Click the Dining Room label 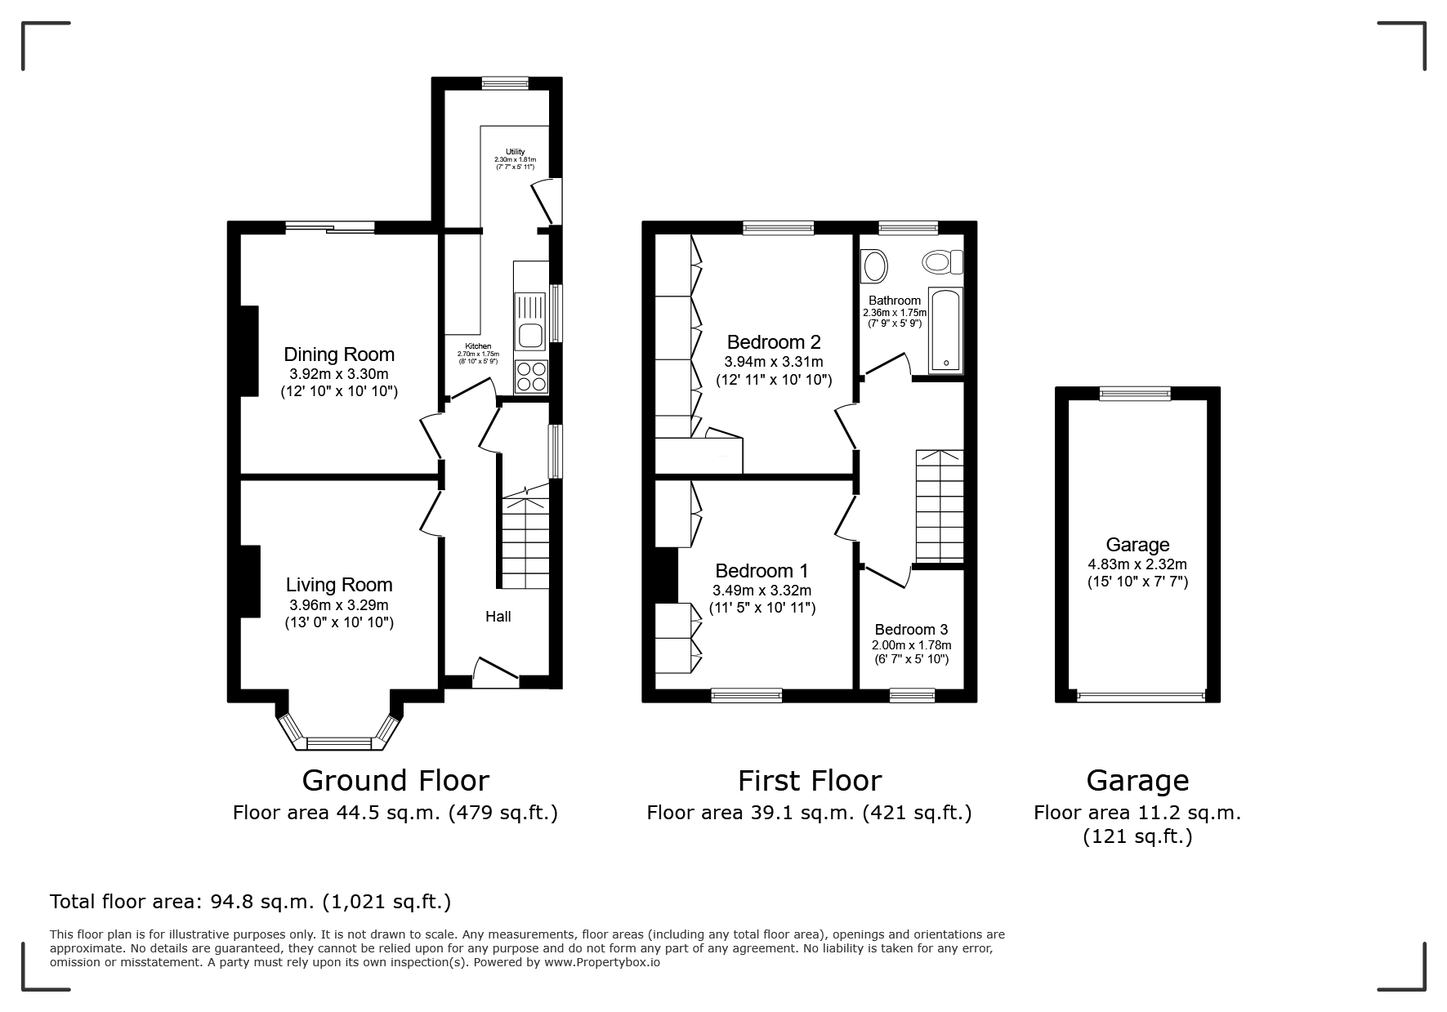click(x=339, y=354)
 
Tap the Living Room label click(x=339, y=585)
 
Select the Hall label click(x=498, y=617)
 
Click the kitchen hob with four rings click(x=532, y=377)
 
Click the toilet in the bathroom click(x=943, y=262)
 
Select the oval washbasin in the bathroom click(x=875, y=266)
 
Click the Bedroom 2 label click(x=774, y=342)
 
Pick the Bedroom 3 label click(x=911, y=630)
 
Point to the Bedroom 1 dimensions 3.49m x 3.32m click(x=762, y=591)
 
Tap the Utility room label click(x=515, y=152)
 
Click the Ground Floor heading click(x=395, y=781)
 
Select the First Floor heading click(x=810, y=781)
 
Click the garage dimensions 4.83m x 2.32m click(x=1137, y=564)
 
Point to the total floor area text click(x=250, y=902)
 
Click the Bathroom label click(x=895, y=301)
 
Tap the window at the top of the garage click(x=1135, y=394)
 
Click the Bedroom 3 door click(x=887, y=575)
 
